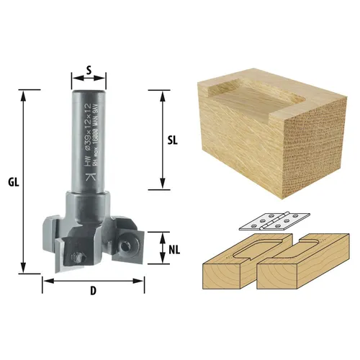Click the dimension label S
point(89,70)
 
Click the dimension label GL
point(14,184)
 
